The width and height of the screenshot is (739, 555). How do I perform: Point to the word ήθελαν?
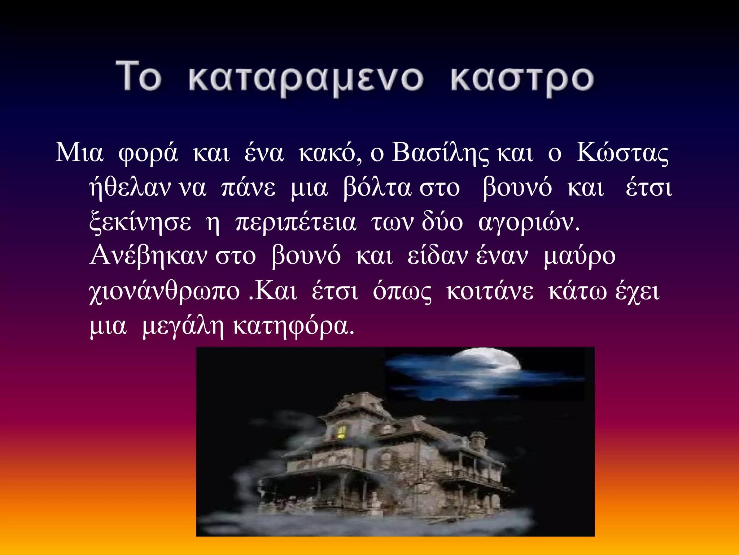click(130, 188)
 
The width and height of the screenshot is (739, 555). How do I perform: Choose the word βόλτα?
click(377, 188)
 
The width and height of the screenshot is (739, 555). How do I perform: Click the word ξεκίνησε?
click(140, 222)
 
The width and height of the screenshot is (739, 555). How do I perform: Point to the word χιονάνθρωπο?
click(165, 291)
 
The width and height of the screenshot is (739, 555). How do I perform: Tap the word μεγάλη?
click(183, 325)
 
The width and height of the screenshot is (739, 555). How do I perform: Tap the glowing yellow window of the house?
click(341, 432)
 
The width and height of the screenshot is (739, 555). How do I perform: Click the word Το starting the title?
click(138, 77)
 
